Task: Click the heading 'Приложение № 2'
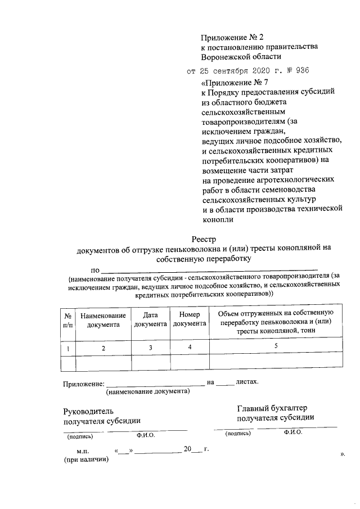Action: click(232, 38)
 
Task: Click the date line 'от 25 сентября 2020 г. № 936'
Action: click(247, 71)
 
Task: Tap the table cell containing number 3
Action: click(150, 348)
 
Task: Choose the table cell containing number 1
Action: click(67, 349)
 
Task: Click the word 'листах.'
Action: click(248, 382)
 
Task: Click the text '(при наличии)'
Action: click(85, 460)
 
